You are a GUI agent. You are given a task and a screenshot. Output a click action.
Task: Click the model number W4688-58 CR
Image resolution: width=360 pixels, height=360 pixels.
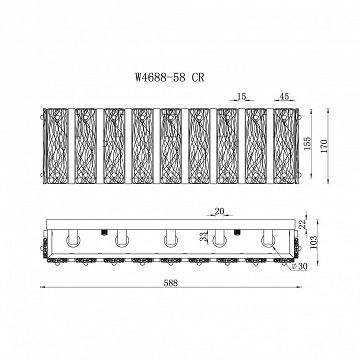(x=169, y=77)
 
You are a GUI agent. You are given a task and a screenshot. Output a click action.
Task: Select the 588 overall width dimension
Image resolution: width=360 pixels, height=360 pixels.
(x=171, y=283)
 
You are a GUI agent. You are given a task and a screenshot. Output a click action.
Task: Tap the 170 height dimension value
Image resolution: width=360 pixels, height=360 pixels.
(x=323, y=146)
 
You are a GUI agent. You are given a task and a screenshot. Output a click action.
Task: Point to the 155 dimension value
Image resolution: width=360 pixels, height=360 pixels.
(x=307, y=143)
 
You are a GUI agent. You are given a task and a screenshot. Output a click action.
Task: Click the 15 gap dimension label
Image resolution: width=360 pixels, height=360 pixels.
(x=241, y=96)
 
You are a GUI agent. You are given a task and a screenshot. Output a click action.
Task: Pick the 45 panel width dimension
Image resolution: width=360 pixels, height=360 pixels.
(x=284, y=96)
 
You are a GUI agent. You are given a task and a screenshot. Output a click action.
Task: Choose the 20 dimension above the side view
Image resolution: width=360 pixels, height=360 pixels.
(x=219, y=211)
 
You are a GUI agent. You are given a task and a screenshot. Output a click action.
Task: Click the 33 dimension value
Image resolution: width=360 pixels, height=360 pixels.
(x=203, y=236)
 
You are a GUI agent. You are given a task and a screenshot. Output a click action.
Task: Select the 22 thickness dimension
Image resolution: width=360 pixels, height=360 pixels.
(x=303, y=224)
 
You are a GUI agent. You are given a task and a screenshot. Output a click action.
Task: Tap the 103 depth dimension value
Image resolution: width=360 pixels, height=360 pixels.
(x=313, y=242)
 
